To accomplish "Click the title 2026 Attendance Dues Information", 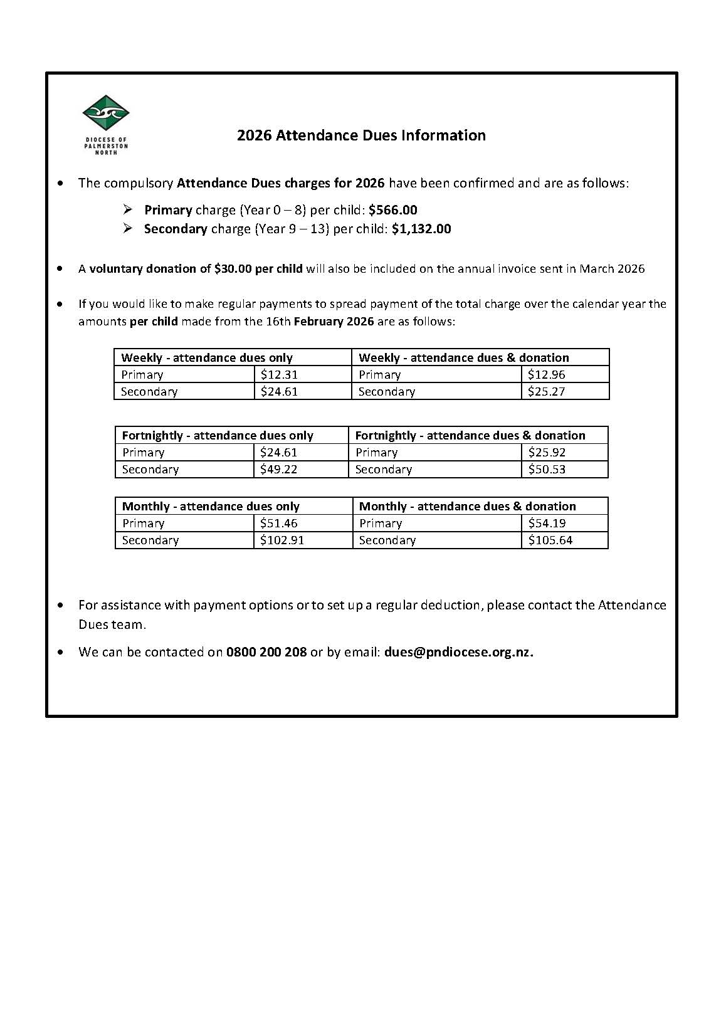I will pyautogui.click(x=361, y=135).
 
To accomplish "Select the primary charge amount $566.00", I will pyautogui.click(x=392, y=210).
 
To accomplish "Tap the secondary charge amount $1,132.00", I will pyautogui.click(x=421, y=229).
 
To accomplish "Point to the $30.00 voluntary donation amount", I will pyautogui.click(x=233, y=269).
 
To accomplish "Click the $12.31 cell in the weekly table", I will pyautogui.click(x=279, y=375).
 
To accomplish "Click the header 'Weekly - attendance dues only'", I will pyautogui.click(x=207, y=358).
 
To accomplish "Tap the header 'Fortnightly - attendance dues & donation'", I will pyautogui.click(x=470, y=436).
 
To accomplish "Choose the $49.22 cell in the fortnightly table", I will pyautogui.click(x=279, y=470).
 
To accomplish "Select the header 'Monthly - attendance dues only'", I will pyautogui.click(x=211, y=507).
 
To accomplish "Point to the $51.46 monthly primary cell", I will pyautogui.click(x=279, y=524).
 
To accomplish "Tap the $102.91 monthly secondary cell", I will pyautogui.click(x=282, y=540).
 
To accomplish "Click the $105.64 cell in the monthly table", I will pyautogui.click(x=550, y=540).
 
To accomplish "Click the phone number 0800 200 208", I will pyautogui.click(x=266, y=652).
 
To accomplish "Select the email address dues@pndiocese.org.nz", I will pyautogui.click(x=458, y=652).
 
